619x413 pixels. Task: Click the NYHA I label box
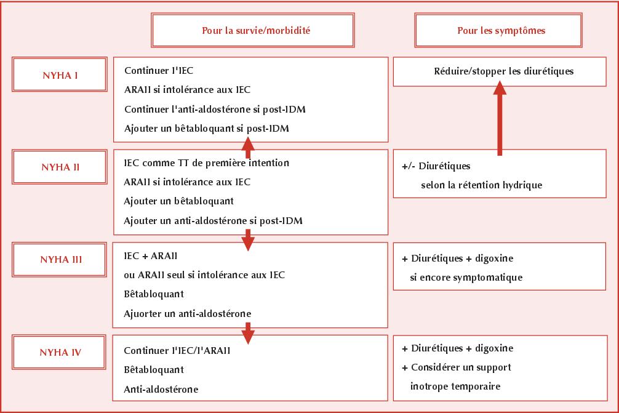pos(60,74)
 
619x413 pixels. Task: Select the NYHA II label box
pos(60,167)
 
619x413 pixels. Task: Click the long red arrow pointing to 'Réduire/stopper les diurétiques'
pos(500,118)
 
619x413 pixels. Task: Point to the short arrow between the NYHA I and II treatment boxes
pos(248,147)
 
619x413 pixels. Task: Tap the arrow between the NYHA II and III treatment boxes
pos(248,240)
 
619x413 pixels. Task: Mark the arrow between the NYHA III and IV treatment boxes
pos(248,333)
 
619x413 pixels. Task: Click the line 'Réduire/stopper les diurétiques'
pos(504,71)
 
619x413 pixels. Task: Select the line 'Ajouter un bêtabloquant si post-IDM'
pos(207,128)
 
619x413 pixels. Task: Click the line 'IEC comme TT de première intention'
pos(207,162)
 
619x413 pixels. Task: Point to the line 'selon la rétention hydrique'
pos(482,185)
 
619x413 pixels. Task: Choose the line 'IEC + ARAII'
pos(150,256)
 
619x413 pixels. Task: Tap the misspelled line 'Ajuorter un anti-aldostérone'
pos(188,313)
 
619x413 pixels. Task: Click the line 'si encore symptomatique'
pos(466,278)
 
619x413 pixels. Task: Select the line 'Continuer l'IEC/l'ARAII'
pos(177,351)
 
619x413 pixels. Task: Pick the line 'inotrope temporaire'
pos(455,386)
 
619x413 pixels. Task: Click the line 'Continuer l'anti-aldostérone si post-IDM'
pos(215,110)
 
